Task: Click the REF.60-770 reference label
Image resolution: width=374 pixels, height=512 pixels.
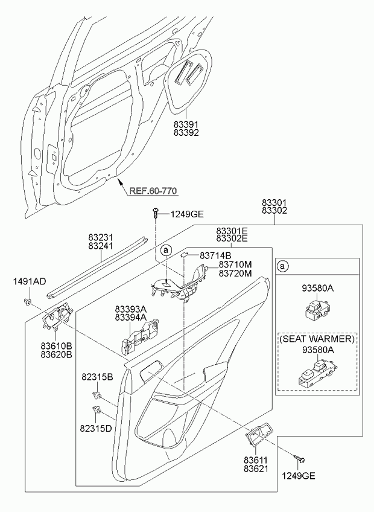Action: click(x=154, y=191)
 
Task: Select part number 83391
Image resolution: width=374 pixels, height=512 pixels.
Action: click(x=186, y=124)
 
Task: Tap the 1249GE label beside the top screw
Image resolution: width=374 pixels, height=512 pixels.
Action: click(x=186, y=214)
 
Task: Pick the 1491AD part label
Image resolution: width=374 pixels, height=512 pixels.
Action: click(x=30, y=281)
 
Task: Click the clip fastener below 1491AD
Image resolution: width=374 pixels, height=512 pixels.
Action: click(x=28, y=302)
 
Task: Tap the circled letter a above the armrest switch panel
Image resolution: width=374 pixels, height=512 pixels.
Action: click(x=166, y=251)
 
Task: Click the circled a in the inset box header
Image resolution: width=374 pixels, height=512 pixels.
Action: click(x=283, y=266)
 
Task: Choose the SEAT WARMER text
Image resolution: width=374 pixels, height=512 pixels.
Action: click(x=317, y=339)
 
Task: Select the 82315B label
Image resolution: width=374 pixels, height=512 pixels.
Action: click(x=97, y=377)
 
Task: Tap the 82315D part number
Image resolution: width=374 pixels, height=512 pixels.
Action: click(x=96, y=428)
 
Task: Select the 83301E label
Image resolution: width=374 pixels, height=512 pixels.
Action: click(x=232, y=231)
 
